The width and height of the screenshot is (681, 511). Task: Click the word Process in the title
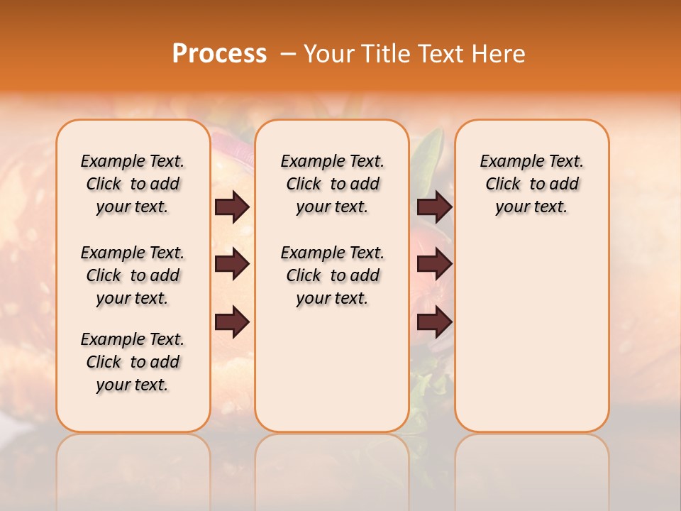[x=219, y=54]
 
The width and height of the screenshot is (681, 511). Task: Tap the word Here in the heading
[x=499, y=54]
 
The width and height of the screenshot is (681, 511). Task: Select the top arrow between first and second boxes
[x=232, y=207]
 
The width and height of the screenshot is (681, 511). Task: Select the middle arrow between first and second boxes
[x=232, y=265]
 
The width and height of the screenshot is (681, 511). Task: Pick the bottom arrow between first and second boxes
[x=232, y=322]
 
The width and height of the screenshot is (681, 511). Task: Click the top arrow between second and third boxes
[x=434, y=207]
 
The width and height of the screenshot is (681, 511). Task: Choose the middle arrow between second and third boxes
[x=434, y=265]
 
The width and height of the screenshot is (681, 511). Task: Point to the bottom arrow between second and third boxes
[x=434, y=322]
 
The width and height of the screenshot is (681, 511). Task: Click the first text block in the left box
[x=133, y=184]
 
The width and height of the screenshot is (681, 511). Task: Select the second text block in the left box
[x=133, y=275]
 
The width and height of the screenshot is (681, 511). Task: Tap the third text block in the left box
[x=133, y=362]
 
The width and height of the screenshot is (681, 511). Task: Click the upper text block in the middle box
[x=332, y=184]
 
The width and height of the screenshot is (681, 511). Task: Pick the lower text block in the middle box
[x=332, y=275]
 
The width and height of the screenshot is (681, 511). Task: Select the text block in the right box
[x=532, y=184]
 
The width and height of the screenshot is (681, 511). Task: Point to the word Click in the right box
[x=503, y=185]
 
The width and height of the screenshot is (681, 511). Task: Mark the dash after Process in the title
[x=288, y=54]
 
